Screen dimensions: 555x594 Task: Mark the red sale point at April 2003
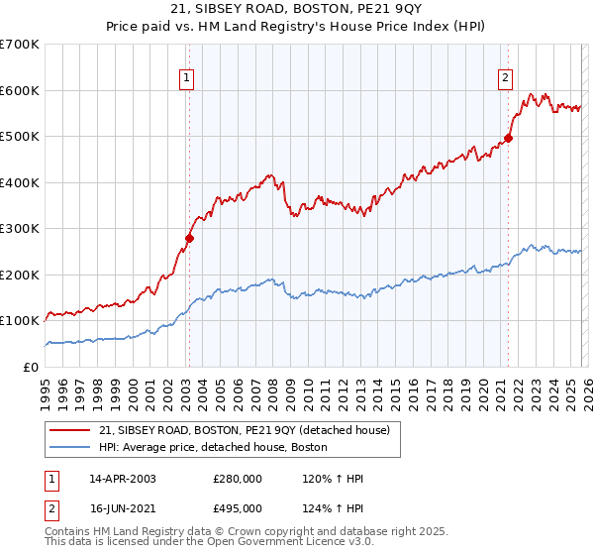click(189, 238)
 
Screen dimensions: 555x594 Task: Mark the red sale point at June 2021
click(509, 139)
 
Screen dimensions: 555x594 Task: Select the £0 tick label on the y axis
click(30, 368)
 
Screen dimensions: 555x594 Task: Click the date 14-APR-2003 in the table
click(122, 479)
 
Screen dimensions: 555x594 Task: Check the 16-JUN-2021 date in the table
click(122, 508)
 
